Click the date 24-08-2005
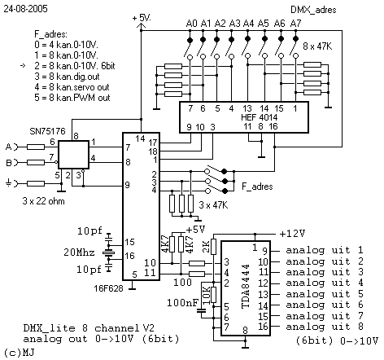click(25, 9)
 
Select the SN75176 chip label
click(47, 131)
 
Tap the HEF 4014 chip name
click(259, 117)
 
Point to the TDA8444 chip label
click(246, 286)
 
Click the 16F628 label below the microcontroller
click(108, 288)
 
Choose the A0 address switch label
click(191, 24)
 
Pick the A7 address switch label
click(295, 24)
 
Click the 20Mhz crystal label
click(79, 252)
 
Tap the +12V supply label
click(292, 234)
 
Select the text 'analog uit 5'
click(325, 294)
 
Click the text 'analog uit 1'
click(325, 250)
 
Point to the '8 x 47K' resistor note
click(317, 46)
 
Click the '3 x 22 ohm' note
click(43, 201)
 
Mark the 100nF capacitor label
click(183, 303)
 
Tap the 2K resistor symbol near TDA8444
click(214, 247)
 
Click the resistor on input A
click(36, 147)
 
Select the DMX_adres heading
click(313, 10)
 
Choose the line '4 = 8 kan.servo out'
click(72, 87)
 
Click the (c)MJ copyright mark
click(20, 353)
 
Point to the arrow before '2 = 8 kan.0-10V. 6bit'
click(23, 66)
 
